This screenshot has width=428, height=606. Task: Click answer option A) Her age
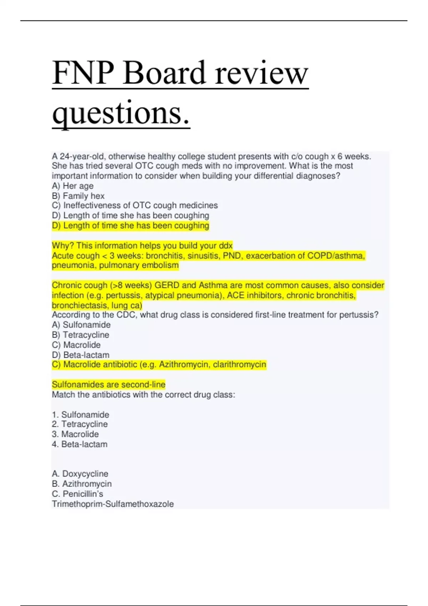[73, 186]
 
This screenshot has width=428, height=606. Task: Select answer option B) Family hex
[78, 196]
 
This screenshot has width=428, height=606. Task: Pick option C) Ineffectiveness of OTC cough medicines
[135, 205]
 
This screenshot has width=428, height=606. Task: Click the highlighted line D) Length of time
[131, 226]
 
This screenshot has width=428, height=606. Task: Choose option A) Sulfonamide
[81, 325]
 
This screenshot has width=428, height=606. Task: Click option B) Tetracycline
[81, 335]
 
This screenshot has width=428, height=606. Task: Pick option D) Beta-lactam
[81, 355]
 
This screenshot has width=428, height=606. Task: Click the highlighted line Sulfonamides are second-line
[108, 385]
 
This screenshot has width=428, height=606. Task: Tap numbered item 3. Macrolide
[75, 434]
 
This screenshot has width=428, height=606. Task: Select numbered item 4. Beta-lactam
[80, 444]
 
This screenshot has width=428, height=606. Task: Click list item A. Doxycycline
[80, 474]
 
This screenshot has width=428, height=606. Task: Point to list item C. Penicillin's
[77, 494]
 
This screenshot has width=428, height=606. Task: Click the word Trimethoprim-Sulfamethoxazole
[113, 504]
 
